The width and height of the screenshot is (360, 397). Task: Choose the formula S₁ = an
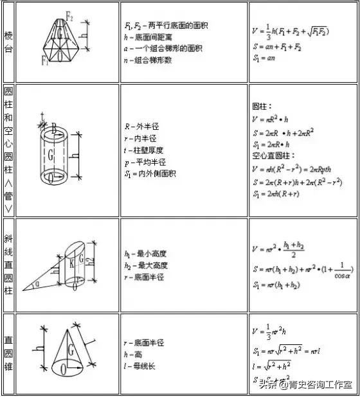[267, 60]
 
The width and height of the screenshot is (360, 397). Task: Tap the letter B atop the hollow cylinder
[55, 128]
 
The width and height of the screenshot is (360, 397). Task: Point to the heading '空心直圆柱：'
[273, 156]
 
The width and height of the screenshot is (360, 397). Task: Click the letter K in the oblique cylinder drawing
[72, 263]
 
